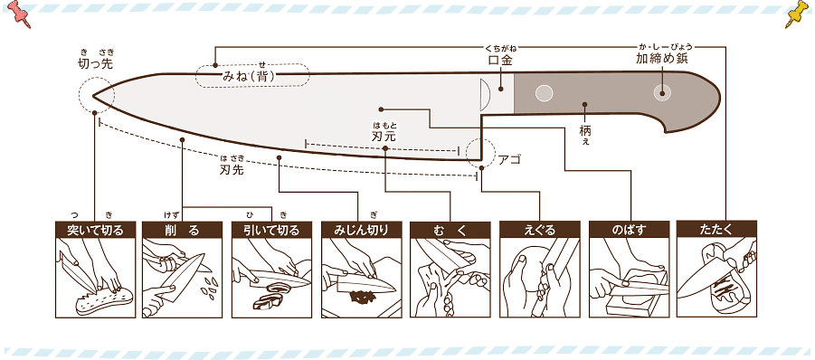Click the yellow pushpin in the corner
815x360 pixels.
point(797,14)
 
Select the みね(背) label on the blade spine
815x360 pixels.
point(249,76)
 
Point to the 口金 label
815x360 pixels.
point(500,61)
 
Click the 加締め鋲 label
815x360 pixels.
point(661,58)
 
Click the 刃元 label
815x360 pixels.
point(384,137)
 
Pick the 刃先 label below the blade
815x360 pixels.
point(232,169)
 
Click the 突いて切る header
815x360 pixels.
point(95,230)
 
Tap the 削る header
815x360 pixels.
point(182,230)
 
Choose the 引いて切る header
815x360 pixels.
point(272,230)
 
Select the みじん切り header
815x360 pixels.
point(361,230)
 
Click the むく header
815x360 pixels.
point(450,230)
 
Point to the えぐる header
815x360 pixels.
point(539,230)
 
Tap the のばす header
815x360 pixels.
point(629,230)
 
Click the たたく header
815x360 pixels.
point(716,229)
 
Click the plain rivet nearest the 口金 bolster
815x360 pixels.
point(544,93)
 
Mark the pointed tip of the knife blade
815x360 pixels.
point(93,96)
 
